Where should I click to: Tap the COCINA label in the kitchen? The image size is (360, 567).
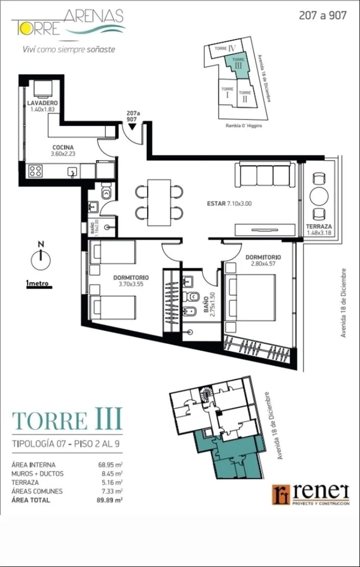point(63,147)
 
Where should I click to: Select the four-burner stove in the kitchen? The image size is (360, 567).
point(35,170)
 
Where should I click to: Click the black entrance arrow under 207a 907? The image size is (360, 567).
point(132,126)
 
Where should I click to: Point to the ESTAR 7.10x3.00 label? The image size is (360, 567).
point(229,203)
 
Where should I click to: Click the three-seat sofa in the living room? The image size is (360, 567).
point(265,175)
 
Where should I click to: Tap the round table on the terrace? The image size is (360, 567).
point(319,196)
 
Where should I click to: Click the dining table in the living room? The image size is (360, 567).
point(159,202)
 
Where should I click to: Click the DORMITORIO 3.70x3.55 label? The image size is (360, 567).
point(131,280)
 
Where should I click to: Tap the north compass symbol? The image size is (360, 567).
point(41,258)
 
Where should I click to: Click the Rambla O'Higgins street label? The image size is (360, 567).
point(244,126)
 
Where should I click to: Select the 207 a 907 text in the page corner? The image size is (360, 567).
point(323,15)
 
